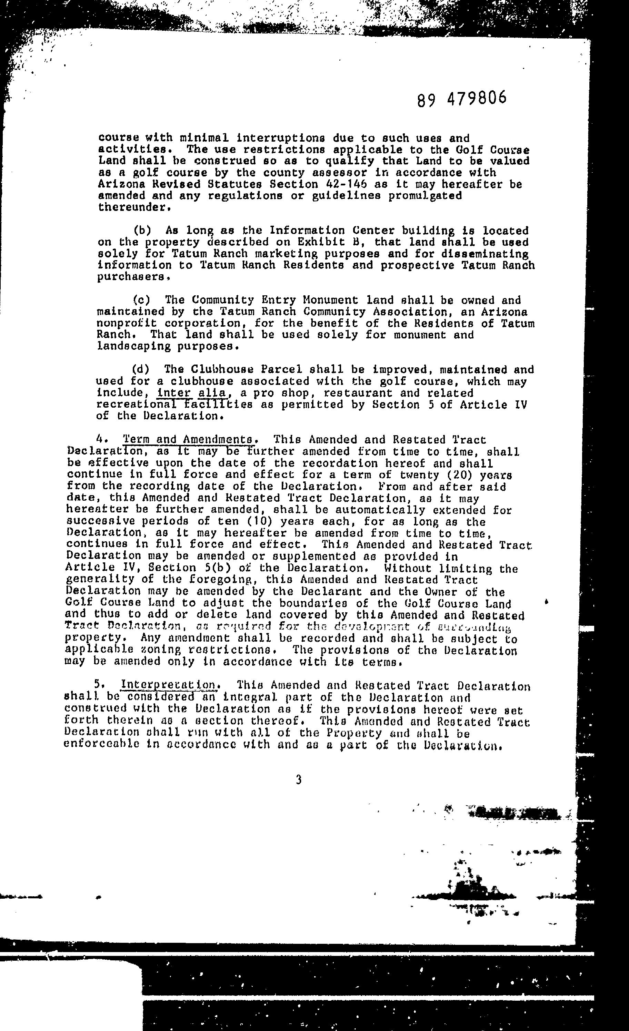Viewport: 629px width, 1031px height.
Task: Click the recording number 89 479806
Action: click(461, 99)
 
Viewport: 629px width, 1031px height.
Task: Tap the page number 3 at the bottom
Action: click(298, 779)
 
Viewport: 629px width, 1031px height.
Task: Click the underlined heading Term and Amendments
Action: click(188, 440)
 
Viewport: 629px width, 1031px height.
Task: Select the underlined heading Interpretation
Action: click(170, 685)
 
